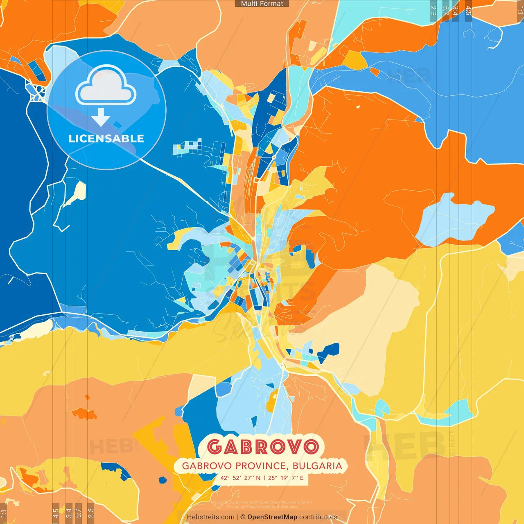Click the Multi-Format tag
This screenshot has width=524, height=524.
click(262, 4)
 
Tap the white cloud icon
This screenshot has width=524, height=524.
click(106, 87)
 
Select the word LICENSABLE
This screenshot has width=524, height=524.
click(106, 138)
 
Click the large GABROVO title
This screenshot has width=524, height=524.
click(262, 447)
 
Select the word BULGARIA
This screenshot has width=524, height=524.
click(318, 466)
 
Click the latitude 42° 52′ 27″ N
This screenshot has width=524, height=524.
click(240, 478)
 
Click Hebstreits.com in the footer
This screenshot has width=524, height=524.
click(210, 517)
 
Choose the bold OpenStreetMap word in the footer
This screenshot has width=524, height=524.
click(272, 517)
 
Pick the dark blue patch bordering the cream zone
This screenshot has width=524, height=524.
click(329, 352)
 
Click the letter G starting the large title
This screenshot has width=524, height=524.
click(215, 447)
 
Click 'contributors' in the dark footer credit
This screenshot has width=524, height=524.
click(318, 517)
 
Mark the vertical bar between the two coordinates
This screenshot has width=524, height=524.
click(264, 478)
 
